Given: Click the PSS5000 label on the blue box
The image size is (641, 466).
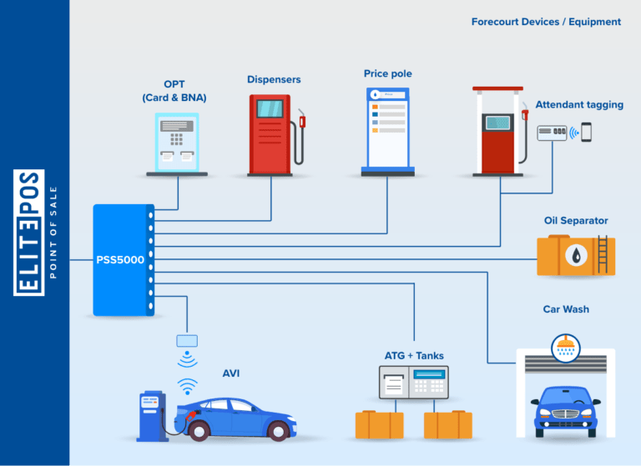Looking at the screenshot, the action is coord(120,260).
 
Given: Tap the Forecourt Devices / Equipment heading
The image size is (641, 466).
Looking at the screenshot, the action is coord(546,22).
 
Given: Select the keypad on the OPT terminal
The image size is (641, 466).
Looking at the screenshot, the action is coord(177,139).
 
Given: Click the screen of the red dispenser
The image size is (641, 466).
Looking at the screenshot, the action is coord(270,108).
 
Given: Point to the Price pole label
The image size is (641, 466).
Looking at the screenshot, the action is coord(387,73).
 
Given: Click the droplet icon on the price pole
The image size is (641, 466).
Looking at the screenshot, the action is coord(375,95).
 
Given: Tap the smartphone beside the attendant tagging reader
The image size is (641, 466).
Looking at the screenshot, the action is coord(586,133).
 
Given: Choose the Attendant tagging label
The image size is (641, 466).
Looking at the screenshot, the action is coord(579,104).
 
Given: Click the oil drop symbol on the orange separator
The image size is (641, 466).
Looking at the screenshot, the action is coord(576,255).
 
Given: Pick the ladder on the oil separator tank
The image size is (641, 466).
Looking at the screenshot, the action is coord(603,254).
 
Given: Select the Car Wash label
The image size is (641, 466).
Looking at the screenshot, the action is coord(566,309).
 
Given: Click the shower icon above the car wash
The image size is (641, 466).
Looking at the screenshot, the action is coord(566,348).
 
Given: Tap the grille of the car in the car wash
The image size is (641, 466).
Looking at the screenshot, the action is coord(565,413).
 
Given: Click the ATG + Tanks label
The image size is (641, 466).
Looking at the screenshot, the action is coord(414,356).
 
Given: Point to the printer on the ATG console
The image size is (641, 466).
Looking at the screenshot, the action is coord(394,383).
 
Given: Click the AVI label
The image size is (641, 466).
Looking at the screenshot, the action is coord(231,373).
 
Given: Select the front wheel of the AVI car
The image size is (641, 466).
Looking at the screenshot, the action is coord(279,431).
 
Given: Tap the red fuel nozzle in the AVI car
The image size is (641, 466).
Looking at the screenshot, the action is coord(191,415).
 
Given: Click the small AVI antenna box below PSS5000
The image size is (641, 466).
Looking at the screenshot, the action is coord(187,341).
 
